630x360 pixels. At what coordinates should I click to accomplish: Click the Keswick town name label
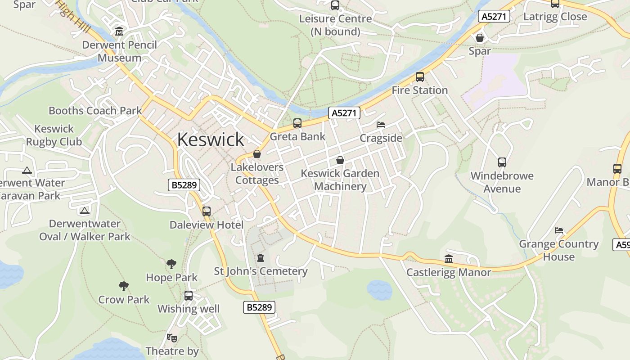211,139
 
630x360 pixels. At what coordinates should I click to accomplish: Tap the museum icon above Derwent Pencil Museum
119,31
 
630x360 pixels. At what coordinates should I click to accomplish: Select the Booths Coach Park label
95,111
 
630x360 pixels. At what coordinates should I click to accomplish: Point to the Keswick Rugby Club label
54,135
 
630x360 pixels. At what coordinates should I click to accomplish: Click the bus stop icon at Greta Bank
297,123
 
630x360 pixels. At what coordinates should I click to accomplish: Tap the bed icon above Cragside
381,125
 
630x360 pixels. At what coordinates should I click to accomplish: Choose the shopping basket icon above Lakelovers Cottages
257,154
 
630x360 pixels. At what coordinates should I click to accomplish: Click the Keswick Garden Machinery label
340,180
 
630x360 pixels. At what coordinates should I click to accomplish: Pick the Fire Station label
420,90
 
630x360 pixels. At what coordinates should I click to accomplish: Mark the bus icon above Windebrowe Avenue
502,162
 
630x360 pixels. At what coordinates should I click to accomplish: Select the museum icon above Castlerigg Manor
449,259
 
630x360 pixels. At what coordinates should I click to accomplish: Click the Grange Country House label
559,250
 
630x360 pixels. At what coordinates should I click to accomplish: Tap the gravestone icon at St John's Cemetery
261,258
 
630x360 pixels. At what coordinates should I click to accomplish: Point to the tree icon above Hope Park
171,264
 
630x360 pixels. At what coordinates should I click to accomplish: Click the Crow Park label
124,299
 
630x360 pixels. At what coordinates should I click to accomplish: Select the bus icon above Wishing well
189,296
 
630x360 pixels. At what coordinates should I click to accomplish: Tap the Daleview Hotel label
207,225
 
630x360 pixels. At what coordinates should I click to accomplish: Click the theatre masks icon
171,337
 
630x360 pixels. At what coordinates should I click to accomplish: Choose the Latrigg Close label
555,17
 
